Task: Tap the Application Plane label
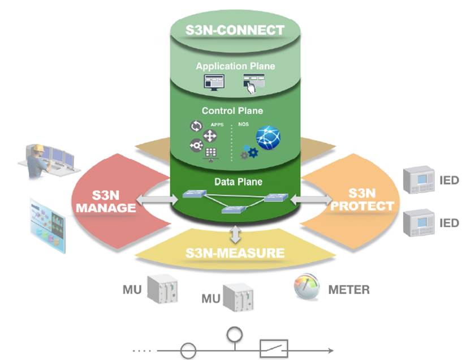pyautogui.click(x=235, y=66)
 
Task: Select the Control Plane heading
pyautogui.click(x=232, y=110)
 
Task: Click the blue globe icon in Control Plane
pyautogui.click(x=268, y=138)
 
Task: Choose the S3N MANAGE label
pyautogui.click(x=106, y=202)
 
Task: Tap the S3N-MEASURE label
pyautogui.click(x=235, y=252)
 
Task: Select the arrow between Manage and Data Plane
pyautogui.click(x=157, y=199)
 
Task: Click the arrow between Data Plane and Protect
pyautogui.click(x=311, y=199)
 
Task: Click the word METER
pyautogui.click(x=349, y=290)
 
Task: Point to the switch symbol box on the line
pyautogui.click(x=274, y=348)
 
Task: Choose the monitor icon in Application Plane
pyautogui.click(x=214, y=82)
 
